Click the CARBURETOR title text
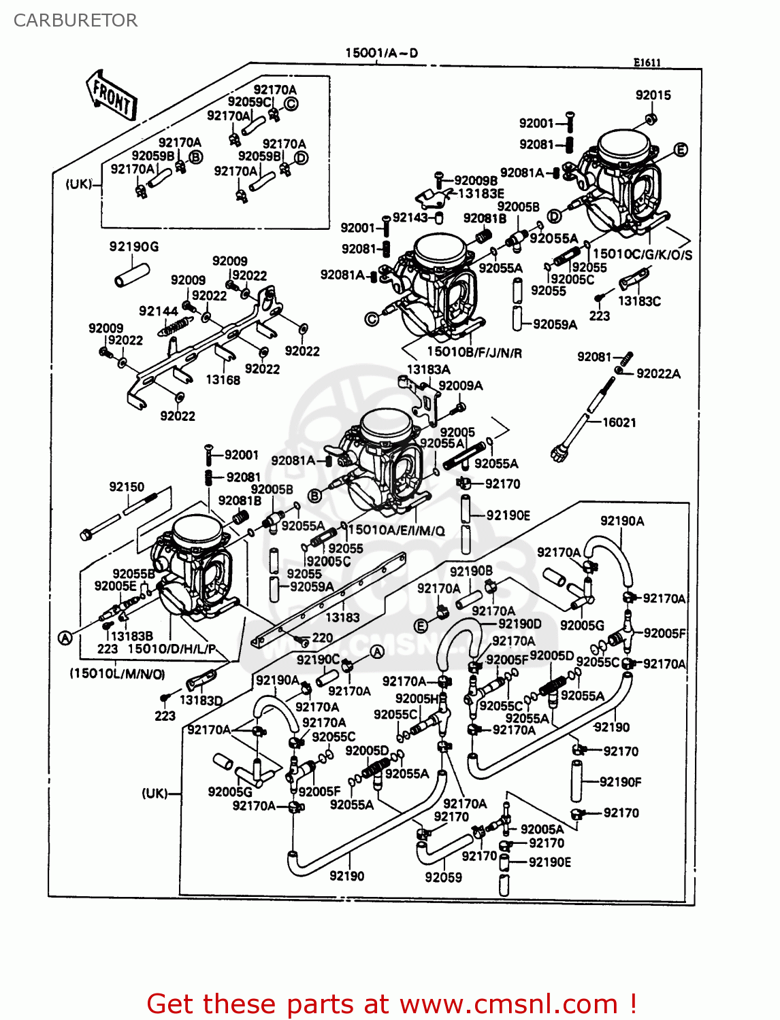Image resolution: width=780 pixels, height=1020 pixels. pos(76,20)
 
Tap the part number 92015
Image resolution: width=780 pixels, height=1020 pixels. pos(653,95)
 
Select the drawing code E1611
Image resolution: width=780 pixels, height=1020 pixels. pos(647,63)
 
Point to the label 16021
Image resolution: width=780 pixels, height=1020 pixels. pos(619,422)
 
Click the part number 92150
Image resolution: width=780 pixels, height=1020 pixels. pos(127,487)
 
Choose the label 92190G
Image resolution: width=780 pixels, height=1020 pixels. pos(134,247)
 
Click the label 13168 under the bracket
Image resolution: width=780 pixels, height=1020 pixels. pos(223,380)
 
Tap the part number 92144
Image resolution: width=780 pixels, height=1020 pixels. pos(158,311)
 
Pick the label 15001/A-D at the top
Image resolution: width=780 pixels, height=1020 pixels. pos(381,53)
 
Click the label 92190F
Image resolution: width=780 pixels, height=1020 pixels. pos(620,782)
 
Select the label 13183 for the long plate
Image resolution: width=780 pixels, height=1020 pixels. pos(342,617)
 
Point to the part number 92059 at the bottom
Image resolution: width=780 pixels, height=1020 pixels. pos(443,877)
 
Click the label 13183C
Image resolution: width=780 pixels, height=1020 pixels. pos(639,301)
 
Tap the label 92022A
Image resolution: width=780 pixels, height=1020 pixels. pos(658,373)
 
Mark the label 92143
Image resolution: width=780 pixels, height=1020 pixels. pos(410,218)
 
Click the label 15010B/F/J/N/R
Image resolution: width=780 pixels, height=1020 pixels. pos(474,352)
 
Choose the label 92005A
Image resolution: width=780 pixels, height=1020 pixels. pos(542,829)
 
